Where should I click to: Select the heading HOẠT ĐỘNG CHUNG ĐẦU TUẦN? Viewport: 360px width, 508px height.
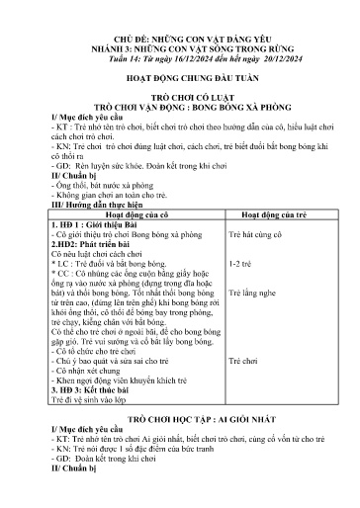[180, 82]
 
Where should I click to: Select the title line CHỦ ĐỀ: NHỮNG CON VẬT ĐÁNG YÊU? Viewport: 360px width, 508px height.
[180, 33]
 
